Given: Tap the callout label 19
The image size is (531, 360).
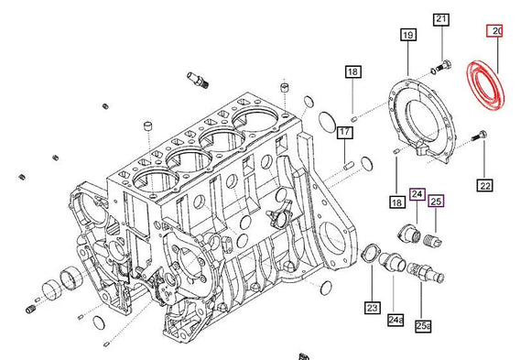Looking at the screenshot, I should [x=407, y=36].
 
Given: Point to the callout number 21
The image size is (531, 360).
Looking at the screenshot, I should [x=441, y=19].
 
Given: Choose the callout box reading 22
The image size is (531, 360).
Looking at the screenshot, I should [x=484, y=186].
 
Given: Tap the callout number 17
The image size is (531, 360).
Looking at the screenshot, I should [x=344, y=134].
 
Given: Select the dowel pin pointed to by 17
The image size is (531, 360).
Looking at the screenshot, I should [x=348, y=166].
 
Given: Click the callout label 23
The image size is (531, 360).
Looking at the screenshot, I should [x=373, y=307].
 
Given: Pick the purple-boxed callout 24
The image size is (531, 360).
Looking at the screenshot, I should [x=417, y=194].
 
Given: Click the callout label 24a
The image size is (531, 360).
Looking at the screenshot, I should [x=395, y=319].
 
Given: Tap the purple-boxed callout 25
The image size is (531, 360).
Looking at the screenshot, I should [x=436, y=201].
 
